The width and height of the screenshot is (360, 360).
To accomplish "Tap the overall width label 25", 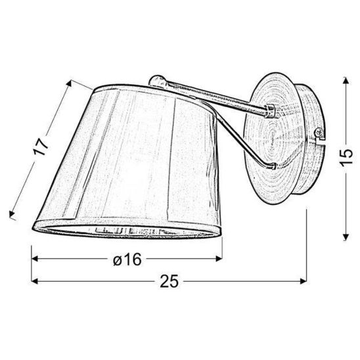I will click(169, 282).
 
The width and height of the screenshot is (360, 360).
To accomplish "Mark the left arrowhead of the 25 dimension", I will click(34, 282).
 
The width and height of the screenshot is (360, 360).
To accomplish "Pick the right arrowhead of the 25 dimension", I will click(305, 282).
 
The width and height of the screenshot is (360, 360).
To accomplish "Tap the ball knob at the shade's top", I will click(156, 81).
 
